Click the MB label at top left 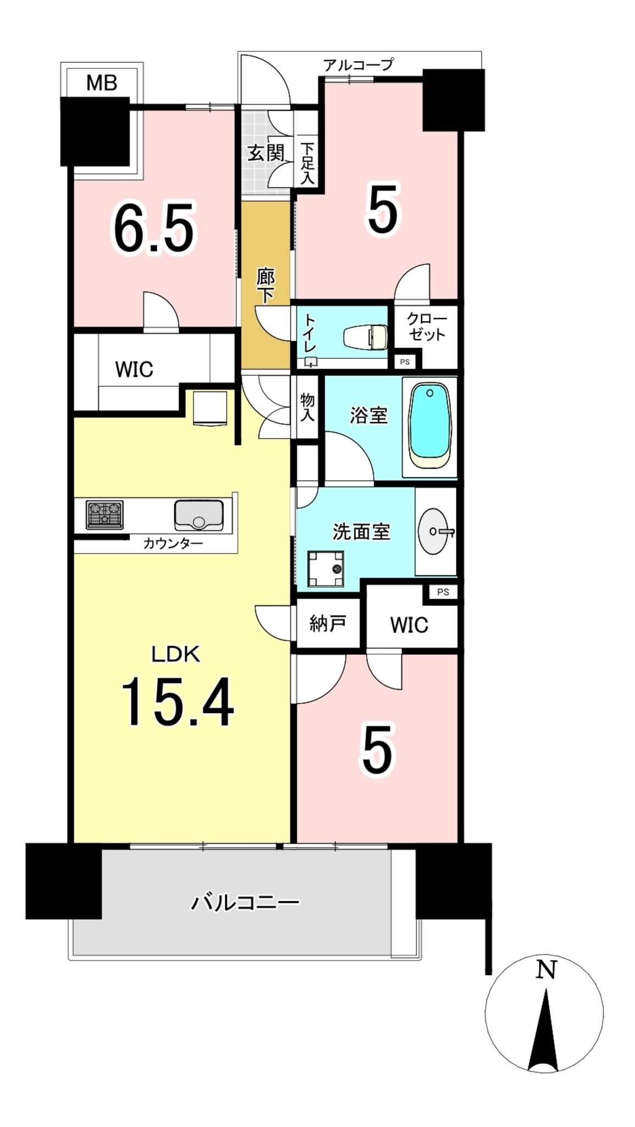coord(102,83)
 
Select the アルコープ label coord(358,65)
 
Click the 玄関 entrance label coord(266,152)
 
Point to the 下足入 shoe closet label coord(307,163)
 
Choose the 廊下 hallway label coord(266,286)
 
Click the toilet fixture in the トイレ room coord(366,336)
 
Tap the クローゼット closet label coord(427,326)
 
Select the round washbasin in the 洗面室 coord(437,531)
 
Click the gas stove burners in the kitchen coord(104,515)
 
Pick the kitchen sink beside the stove coord(199,515)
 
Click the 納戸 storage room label coord(328,623)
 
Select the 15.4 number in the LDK coord(177,702)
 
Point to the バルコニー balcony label coord(245,902)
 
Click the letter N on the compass coord(546,970)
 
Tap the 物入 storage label coord(307,407)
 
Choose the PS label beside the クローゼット coord(405,362)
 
